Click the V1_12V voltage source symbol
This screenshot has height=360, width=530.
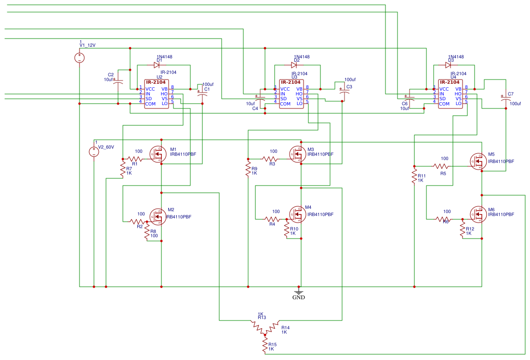(79, 58)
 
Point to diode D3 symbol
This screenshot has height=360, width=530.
(449, 65)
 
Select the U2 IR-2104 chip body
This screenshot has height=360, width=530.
(157, 95)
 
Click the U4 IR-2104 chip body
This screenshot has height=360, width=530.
(450, 95)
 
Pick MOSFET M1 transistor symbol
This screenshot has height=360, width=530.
(158, 154)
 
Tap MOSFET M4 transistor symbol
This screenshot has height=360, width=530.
(297, 214)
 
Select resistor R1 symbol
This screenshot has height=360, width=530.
(135, 159)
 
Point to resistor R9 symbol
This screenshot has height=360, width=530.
(248, 169)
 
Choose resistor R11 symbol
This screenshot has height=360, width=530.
(414, 176)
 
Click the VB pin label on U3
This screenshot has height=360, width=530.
(299, 89)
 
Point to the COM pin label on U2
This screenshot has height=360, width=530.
(150, 104)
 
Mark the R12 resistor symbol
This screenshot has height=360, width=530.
(462, 229)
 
